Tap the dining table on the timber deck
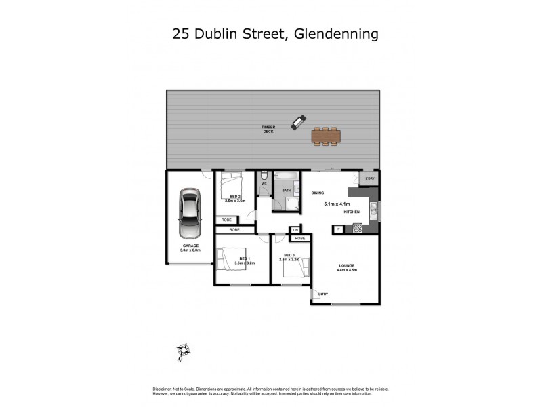327,136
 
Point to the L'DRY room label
369,178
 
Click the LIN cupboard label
296,231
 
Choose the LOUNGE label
346,265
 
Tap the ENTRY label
322,294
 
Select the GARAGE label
190,246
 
